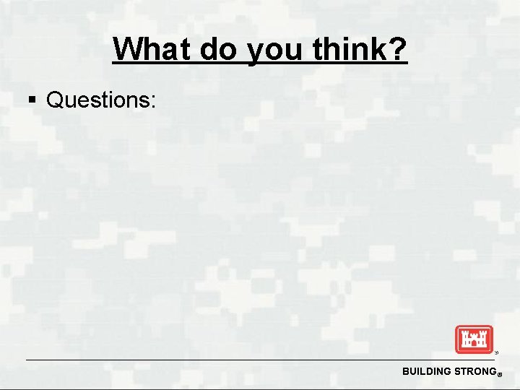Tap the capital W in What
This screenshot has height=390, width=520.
tap(127, 50)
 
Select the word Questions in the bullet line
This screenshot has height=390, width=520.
tap(97, 100)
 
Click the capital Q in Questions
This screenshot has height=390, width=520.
tap(55, 100)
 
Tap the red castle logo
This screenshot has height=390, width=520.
tap(473, 339)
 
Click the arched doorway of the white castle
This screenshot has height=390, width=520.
tap(473, 345)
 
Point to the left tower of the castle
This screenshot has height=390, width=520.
tap(463, 337)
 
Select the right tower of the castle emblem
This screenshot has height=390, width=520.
tap(483, 337)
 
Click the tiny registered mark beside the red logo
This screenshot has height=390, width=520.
tap(496, 353)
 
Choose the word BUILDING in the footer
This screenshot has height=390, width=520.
tap(427, 371)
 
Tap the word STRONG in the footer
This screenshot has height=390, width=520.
tap(473, 371)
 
